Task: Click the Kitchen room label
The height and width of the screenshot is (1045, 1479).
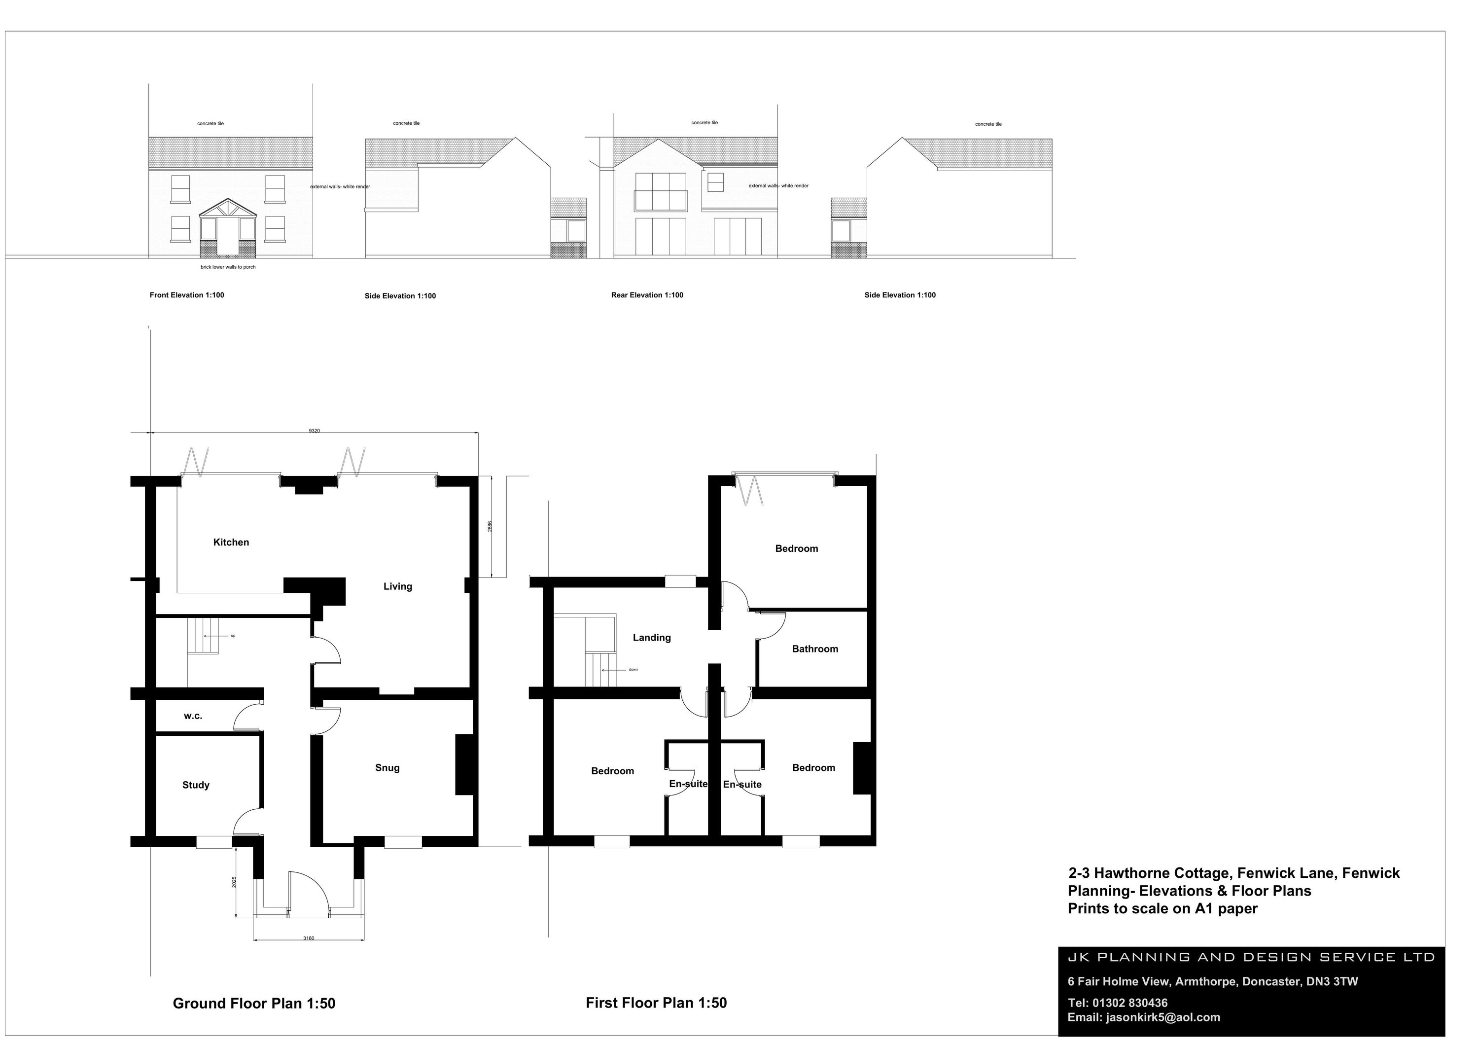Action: coord(231,542)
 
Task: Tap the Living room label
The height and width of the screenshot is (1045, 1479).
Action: coord(397,586)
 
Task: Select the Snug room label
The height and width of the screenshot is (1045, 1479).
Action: coord(387,768)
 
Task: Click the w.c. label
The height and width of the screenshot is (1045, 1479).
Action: coord(193,716)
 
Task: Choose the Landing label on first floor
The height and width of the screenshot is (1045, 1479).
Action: coord(651,638)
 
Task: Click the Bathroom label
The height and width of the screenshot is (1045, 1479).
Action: coord(815,649)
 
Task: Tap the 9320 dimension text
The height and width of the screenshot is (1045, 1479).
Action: coord(315,431)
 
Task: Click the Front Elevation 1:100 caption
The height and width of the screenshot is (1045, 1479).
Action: coord(187,295)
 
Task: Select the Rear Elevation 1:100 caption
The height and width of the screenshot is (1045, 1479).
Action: coord(647,295)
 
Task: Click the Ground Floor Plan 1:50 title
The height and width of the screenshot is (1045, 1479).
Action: coord(254,1003)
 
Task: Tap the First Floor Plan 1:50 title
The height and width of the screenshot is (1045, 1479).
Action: coord(656,1003)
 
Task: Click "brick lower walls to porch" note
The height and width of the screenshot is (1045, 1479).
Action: coord(228,267)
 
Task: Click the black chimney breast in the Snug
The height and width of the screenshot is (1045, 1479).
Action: coord(464,765)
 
